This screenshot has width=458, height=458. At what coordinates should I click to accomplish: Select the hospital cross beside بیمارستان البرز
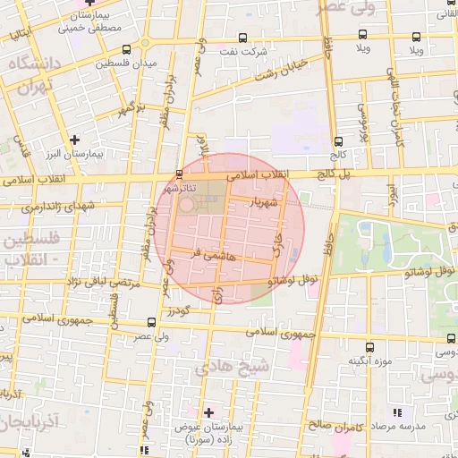75,140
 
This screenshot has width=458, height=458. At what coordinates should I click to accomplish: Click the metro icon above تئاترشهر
181,173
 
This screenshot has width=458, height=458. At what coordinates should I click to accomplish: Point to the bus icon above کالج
338,140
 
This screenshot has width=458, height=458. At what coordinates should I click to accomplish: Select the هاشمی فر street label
208,255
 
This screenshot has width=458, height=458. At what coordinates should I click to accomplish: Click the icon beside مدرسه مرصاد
396,413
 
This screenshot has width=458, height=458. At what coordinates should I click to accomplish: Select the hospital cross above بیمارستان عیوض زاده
208,412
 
